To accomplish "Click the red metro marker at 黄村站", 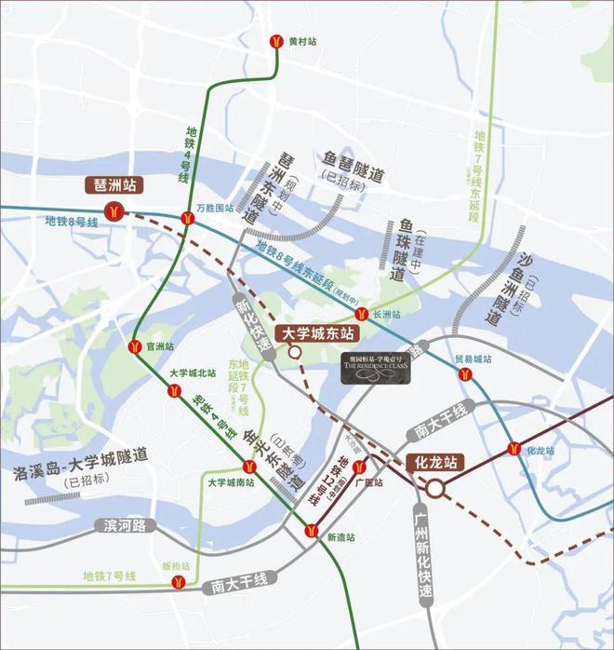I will (x=277, y=42).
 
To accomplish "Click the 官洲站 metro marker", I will (x=135, y=346).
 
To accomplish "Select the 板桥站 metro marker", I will (x=177, y=581).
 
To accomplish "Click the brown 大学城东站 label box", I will (x=319, y=332).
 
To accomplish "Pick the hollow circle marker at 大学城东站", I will (x=295, y=352).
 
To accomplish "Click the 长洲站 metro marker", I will (x=365, y=315).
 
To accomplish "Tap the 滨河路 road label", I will (x=126, y=526).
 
